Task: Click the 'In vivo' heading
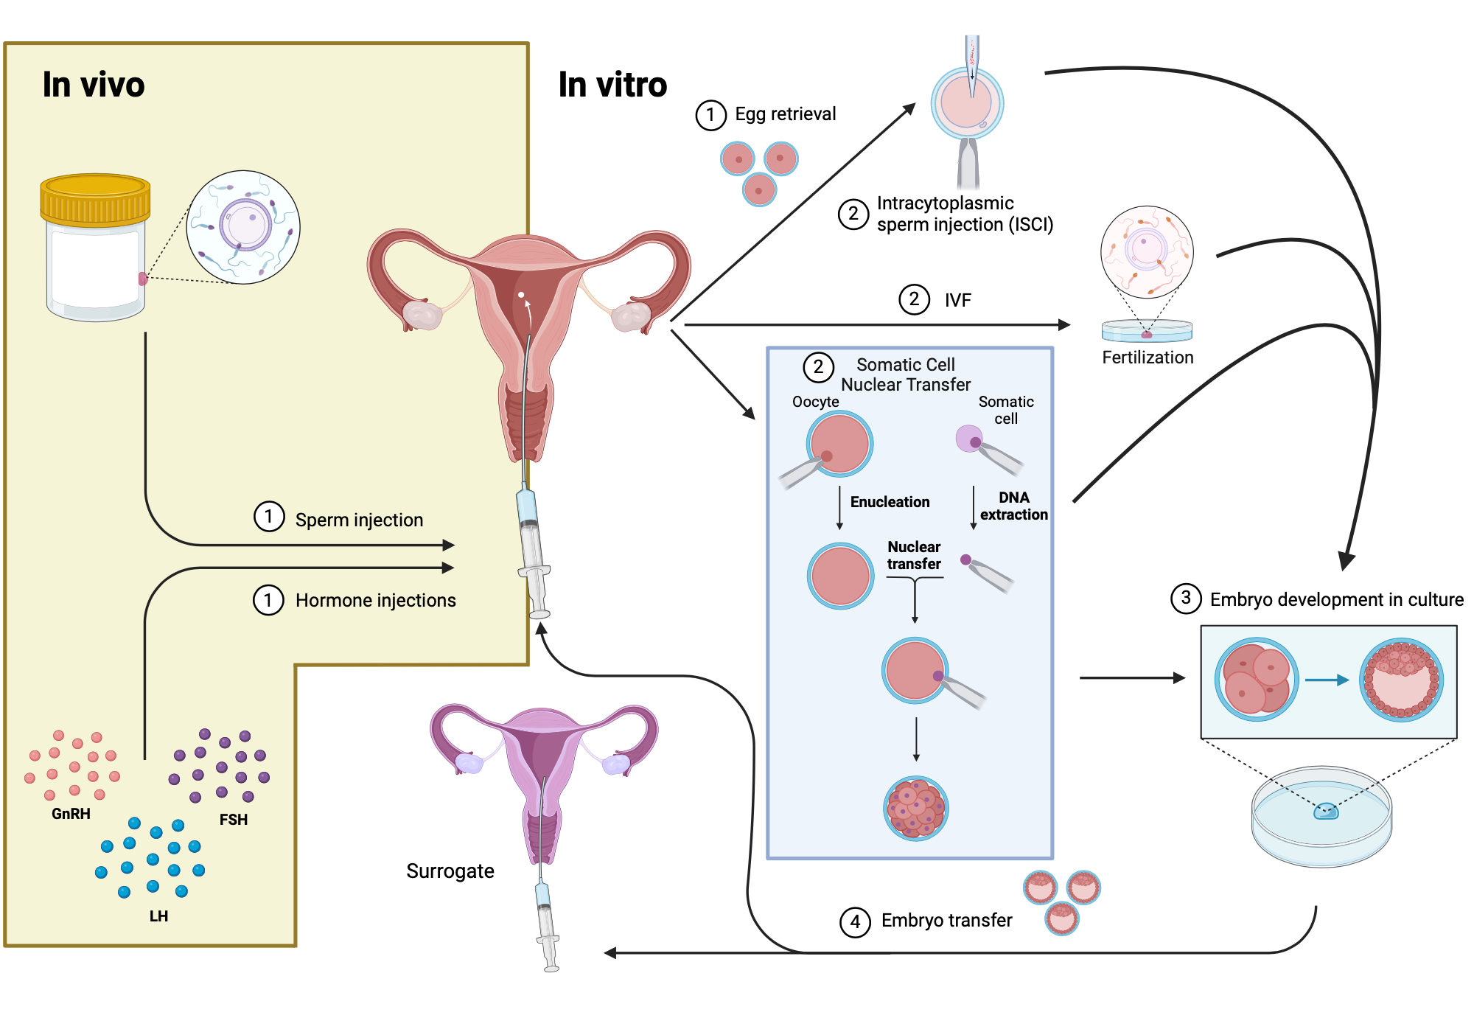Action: tap(94, 85)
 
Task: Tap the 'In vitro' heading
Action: tap(612, 85)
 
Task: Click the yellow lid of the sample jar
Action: tap(95, 198)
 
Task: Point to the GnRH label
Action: tap(71, 814)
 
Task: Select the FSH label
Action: tap(233, 820)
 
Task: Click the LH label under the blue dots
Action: tap(158, 916)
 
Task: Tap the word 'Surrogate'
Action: tap(450, 871)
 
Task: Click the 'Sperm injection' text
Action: tap(359, 520)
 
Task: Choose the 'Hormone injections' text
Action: tap(375, 601)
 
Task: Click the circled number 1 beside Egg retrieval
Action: tap(710, 115)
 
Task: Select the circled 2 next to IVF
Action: tap(914, 299)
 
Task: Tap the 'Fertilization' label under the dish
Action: tap(1147, 358)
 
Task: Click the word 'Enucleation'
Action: tap(890, 502)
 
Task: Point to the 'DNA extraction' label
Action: tap(1013, 506)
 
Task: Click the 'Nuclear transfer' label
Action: tap(914, 555)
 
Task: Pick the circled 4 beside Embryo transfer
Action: tap(855, 921)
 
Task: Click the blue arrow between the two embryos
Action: tap(1326, 680)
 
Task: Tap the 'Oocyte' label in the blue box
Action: tap(815, 402)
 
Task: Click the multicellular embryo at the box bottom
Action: tap(915, 809)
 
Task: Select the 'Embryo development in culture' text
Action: tap(1336, 600)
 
